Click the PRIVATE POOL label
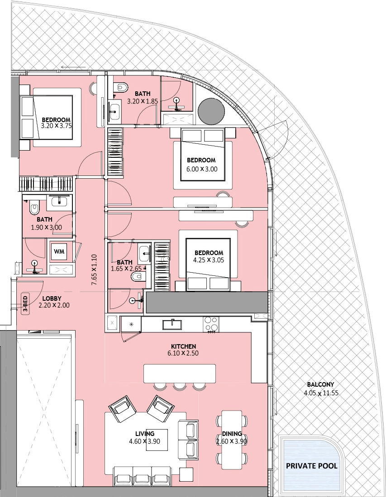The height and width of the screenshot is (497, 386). (x=311, y=466)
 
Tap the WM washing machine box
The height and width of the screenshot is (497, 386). (x=59, y=251)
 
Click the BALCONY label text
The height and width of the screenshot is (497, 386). (x=320, y=384)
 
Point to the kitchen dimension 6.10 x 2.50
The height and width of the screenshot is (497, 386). (x=183, y=353)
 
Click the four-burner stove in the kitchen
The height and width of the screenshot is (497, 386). (x=211, y=324)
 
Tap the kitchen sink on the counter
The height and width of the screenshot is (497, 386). (x=172, y=325)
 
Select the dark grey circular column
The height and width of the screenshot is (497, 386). (x=211, y=111)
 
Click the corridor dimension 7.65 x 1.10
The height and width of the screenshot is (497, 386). (x=94, y=270)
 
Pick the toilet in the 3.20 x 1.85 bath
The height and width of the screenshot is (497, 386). (x=120, y=86)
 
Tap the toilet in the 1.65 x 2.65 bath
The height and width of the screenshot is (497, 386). (x=137, y=277)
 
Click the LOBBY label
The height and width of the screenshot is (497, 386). (x=52, y=298)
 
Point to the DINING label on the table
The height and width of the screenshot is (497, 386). (x=232, y=434)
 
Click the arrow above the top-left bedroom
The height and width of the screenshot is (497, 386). (x=73, y=67)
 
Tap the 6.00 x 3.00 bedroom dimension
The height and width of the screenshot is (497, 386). (x=202, y=169)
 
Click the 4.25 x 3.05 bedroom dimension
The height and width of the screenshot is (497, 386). (x=209, y=260)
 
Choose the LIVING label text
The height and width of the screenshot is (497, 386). (x=145, y=434)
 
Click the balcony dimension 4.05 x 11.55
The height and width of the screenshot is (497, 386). (x=321, y=393)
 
